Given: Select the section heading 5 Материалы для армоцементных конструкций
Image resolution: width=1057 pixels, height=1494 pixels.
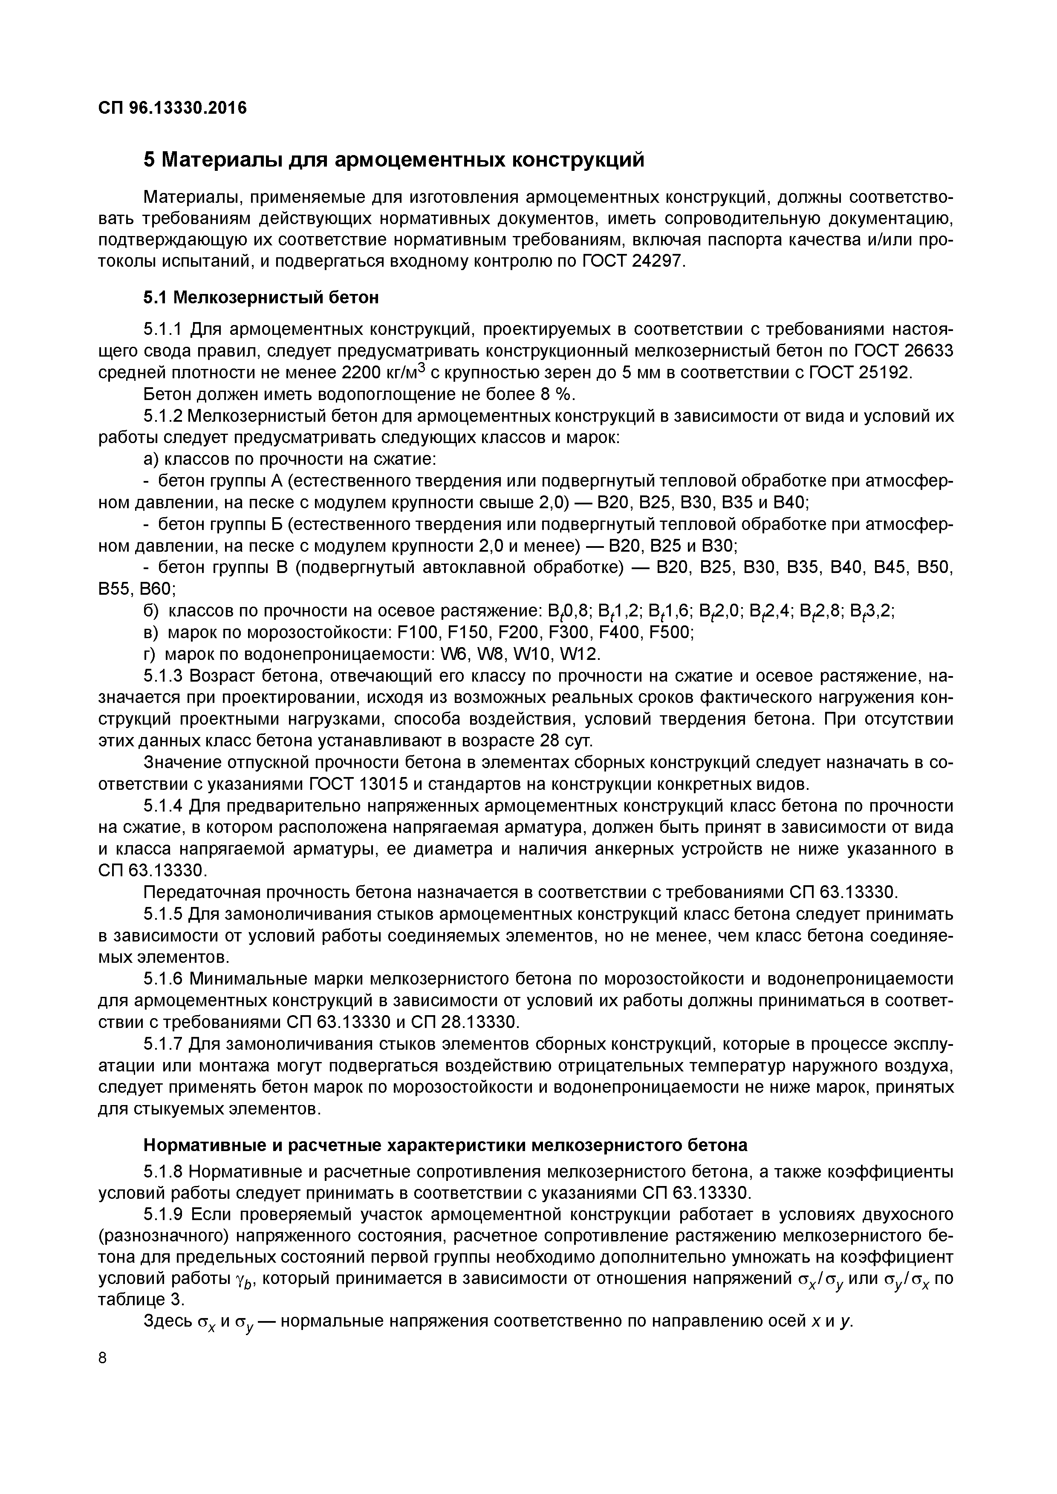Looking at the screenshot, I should (394, 159).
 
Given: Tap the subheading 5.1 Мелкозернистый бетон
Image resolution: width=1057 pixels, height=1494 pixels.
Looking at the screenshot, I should (261, 298).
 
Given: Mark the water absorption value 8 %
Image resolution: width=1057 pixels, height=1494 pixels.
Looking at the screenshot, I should (554, 395).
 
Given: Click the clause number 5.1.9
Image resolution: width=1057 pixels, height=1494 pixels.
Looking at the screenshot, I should (163, 1215).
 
